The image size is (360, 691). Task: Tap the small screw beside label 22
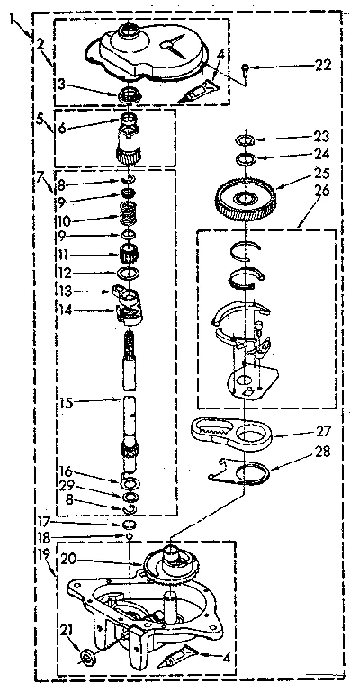pyautogui.click(x=247, y=66)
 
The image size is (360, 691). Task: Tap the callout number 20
pyautogui.click(x=67, y=559)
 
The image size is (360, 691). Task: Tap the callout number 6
pyautogui.click(x=61, y=129)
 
